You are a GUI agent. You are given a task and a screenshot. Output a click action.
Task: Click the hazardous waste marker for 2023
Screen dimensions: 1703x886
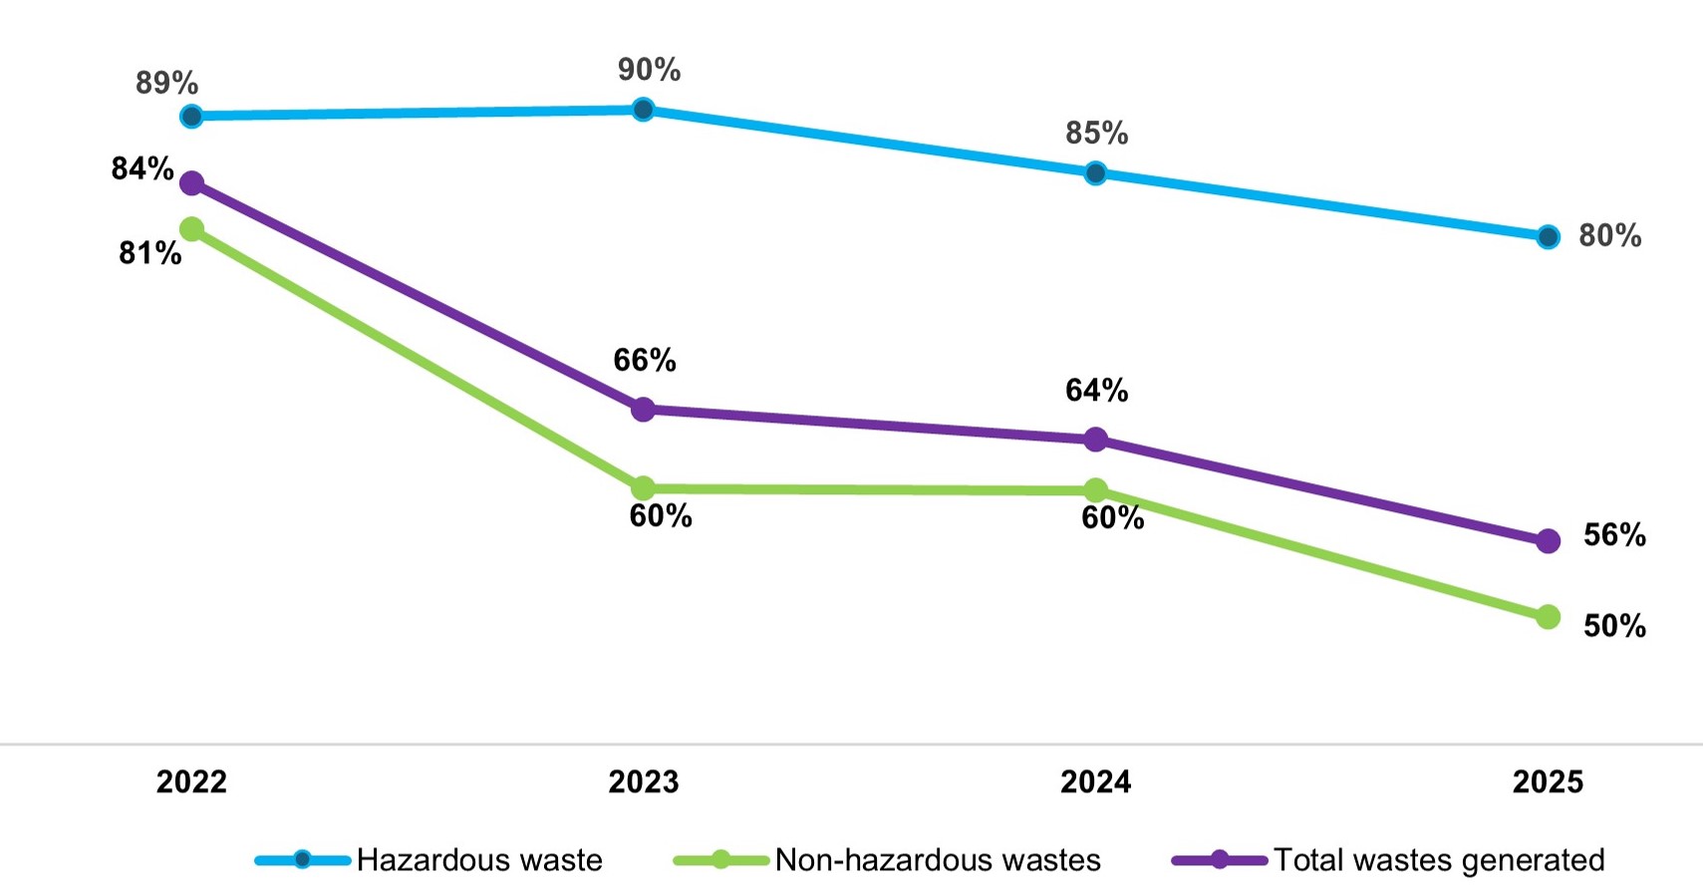click(x=643, y=110)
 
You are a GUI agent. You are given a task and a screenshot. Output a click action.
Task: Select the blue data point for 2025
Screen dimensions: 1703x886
click(x=1548, y=236)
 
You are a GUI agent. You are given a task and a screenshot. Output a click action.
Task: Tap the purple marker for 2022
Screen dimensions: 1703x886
click(x=191, y=183)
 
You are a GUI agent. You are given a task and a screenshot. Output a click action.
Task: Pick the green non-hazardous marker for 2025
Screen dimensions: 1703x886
click(x=1548, y=617)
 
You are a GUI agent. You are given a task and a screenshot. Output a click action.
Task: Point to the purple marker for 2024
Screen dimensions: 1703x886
click(x=1095, y=439)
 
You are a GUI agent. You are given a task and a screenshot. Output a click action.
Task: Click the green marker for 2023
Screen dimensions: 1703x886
click(x=643, y=488)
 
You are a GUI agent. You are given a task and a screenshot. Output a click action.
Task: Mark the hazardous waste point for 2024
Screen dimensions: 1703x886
click(x=1095, y=173)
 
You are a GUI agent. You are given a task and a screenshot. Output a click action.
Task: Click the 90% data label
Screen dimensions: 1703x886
click(x=649, y=70)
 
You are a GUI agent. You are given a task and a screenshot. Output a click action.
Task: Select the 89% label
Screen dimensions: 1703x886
click(x=166, y=83)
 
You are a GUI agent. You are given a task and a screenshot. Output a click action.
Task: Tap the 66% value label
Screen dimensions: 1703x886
click(x=645, y=361)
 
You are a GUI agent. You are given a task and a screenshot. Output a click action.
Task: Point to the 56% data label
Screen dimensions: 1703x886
click(x=1614, y=535)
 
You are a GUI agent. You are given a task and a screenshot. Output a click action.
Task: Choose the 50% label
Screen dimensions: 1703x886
click(x=1614, y=626)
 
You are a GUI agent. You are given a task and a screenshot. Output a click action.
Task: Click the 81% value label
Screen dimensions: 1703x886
click(x=149, y=253)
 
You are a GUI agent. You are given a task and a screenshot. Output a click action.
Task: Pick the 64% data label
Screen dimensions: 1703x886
click(x=1096, y=391)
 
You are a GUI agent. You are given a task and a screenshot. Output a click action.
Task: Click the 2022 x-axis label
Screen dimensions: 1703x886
click(x=191, y=781)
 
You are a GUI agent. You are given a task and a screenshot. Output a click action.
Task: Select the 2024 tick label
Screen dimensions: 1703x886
click(x=1095, y=781)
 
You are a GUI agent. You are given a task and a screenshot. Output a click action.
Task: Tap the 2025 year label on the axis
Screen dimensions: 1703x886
click(x=1548, y=781)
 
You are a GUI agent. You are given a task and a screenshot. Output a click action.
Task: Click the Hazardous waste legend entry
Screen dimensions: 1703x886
click(x=428, y=860)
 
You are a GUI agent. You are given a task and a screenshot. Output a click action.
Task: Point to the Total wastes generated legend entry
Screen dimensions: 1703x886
click(x=1388, y=860)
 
